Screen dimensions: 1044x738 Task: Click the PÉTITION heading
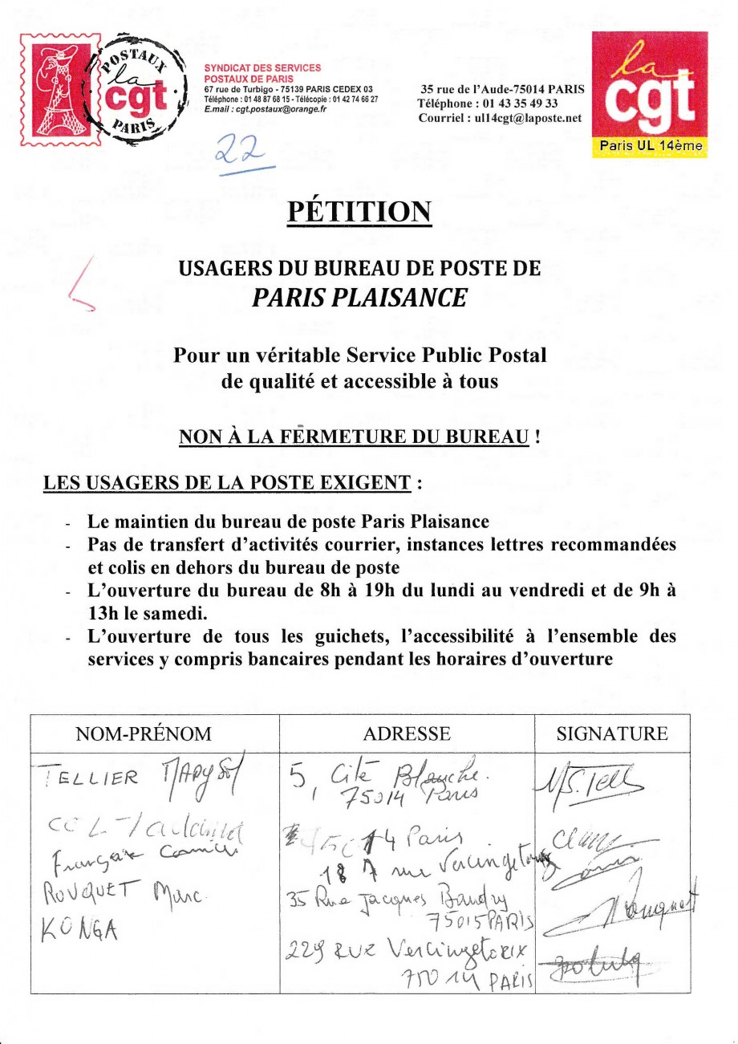359,211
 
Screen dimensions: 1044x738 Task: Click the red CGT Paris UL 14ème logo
650,94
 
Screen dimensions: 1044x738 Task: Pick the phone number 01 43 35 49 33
517,104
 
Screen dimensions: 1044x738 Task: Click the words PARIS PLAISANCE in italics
359,299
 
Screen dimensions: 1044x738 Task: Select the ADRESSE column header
407,733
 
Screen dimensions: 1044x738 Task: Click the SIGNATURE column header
612,733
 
